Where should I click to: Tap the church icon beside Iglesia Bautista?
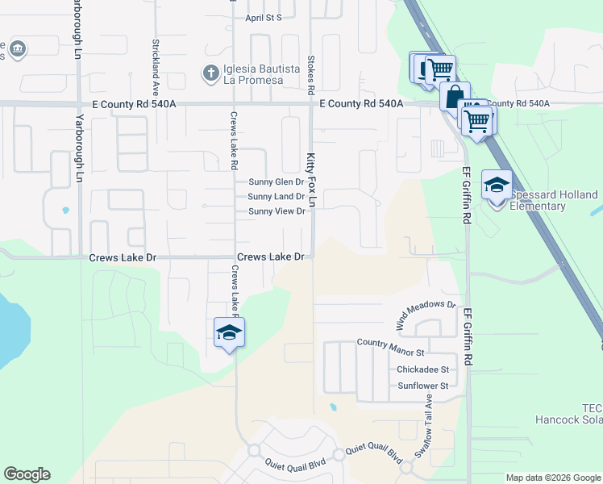point(211,74)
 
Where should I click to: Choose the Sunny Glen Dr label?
point(277,182)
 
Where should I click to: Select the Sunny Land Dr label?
point(277,197)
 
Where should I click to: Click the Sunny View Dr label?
point(277,211)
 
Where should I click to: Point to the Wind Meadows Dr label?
point(426,315)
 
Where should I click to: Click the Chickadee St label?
point(422,370)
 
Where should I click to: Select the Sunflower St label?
point(422,386)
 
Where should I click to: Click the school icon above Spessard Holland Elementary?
point(497,186)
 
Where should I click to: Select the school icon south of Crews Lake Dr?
point(229,332)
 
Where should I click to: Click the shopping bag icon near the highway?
point(455,96)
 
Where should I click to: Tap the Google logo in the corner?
point(27,474)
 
